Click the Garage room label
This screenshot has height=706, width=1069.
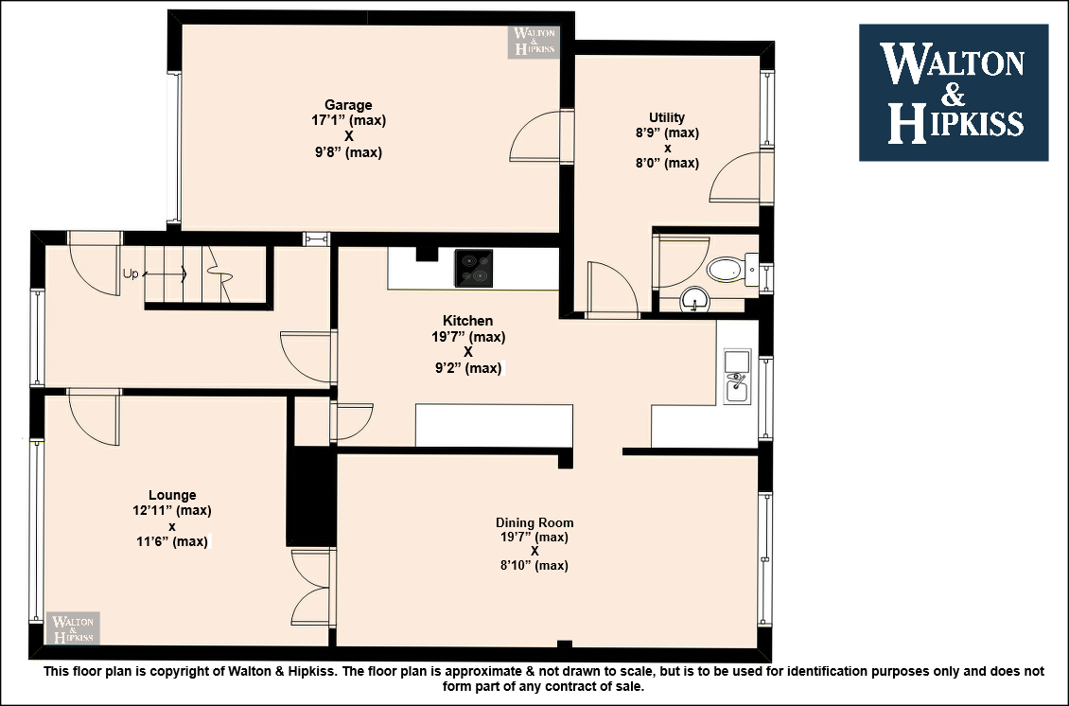coord(348,105)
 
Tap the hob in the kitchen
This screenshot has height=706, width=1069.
coord(474,268)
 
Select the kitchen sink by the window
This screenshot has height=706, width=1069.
coord(736,377)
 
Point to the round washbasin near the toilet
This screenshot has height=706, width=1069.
coord(694,300)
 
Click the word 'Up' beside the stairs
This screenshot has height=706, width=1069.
coord(131,274)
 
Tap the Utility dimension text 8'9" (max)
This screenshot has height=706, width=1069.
coord(667,133)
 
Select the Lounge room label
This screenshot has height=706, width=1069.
coord(172,495)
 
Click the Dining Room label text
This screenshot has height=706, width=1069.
coord(534,522)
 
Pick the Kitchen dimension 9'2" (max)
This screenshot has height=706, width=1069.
coord(468,368)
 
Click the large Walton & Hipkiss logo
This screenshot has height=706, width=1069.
coord(953,93)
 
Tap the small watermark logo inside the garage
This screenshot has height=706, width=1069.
coord(534,42)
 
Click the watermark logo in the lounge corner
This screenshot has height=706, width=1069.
coord(73,628)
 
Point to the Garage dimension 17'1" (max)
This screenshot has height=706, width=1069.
coord(348,120)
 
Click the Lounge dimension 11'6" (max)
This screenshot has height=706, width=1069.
coord(172,541)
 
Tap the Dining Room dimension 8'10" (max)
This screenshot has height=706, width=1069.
coord(534,565)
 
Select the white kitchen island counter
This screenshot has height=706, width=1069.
coord(494,425)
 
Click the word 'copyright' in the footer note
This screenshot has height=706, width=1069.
coord(186,671)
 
